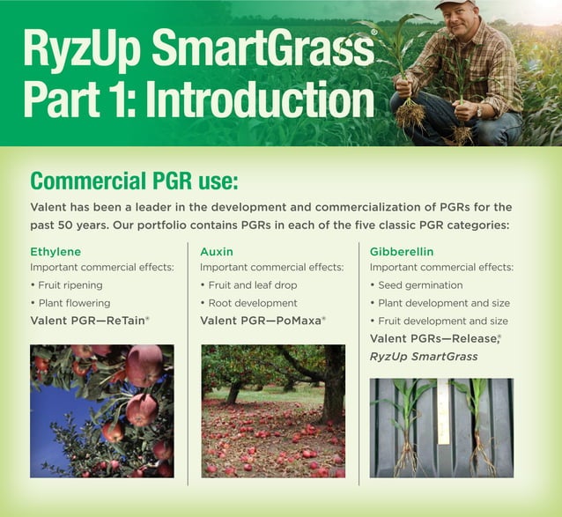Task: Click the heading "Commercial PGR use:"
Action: pyautogui.click(x=134, y=181)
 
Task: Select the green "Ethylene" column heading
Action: pyautogui.click(x=55, y=251)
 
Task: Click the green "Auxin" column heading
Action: pyautogui.click(x=218, y=251)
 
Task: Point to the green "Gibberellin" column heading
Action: pyautogui.click(x=402, y=251)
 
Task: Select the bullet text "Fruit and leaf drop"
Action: pyautogui.click(x=253, y=285)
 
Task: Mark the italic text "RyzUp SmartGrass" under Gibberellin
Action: pyautogui.click(x=425, y=356)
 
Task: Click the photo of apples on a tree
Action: pyautogui.click(x=101, y=410)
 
